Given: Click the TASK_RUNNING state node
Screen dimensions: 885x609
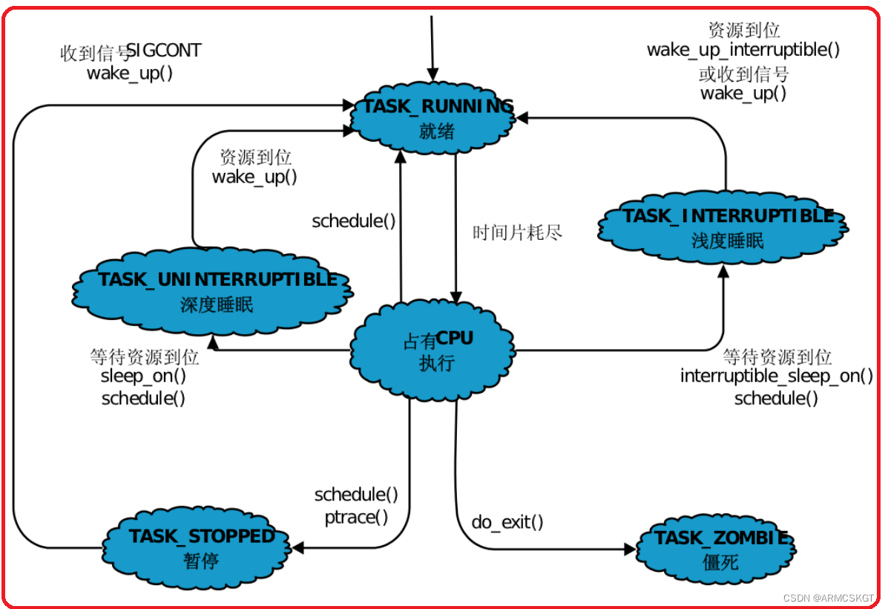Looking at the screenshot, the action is coord(433,117).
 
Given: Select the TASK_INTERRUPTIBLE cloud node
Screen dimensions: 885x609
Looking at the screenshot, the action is coord(723,227).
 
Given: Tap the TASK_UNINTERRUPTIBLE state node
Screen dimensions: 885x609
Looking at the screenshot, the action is coord(213,291).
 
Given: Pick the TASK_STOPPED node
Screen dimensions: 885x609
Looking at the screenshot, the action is coord(197,547).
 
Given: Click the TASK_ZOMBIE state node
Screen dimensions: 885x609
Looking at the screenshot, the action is coord(716,549).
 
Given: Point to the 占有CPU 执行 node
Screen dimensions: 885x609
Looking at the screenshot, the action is coord(433,350).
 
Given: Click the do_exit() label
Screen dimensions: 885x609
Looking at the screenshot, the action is coord(507,522).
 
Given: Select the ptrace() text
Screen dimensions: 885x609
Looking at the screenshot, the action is coord(356,517).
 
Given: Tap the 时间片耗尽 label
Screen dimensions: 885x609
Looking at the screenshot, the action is coord(517,232).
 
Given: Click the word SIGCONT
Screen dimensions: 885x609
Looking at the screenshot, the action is coord(164,51).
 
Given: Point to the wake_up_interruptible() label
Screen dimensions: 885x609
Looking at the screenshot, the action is coord(743,50).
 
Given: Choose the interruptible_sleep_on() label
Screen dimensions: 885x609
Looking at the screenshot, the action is coord(777,376).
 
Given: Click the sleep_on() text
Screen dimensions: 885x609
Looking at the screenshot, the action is coord(143,376).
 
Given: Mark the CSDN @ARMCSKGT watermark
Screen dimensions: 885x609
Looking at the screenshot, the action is coord(829,598).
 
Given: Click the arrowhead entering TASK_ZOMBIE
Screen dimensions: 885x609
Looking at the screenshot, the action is coord(631,549).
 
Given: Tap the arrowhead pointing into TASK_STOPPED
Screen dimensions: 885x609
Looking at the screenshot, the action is coord(297,547).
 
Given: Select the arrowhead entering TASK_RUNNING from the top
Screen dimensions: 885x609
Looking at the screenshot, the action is coord(432,74).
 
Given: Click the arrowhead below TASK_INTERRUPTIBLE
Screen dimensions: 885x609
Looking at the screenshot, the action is coord(723,271).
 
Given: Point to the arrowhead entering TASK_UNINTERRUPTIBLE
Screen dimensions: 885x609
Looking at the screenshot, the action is coord(214,342).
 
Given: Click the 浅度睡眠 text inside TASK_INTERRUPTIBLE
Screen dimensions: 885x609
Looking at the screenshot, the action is coord(728,241).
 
